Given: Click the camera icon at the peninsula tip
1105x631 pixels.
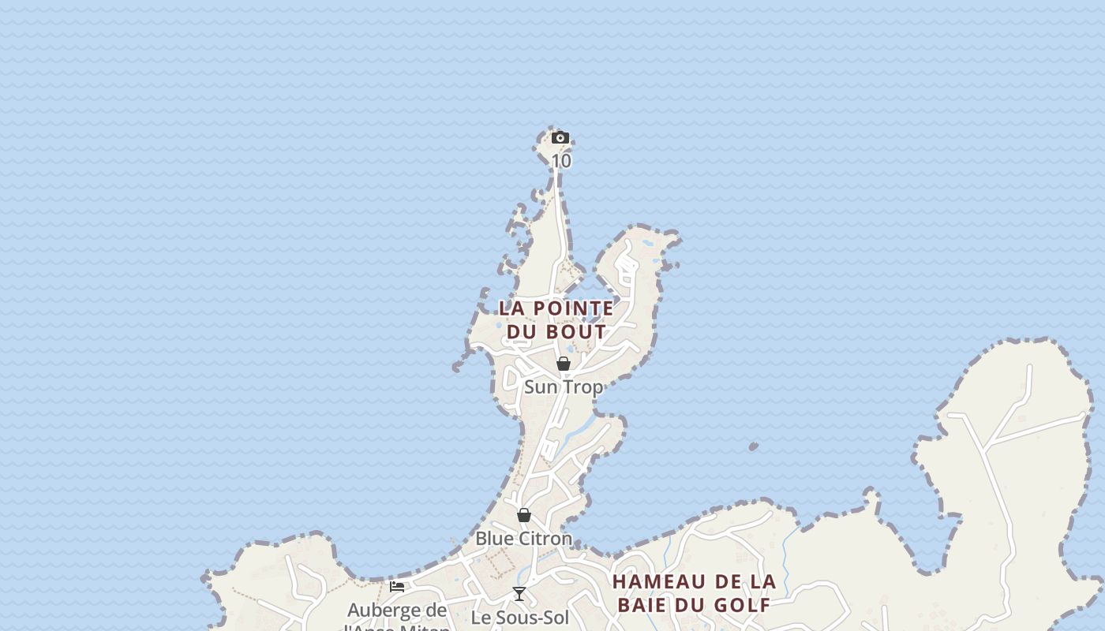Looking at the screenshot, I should [x=560, y=138].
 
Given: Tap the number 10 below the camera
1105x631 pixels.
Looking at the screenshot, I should [x=560, y=161].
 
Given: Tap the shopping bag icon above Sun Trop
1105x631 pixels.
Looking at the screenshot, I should [x=564, y=364].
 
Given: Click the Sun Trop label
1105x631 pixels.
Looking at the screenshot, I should [x=564, y=387].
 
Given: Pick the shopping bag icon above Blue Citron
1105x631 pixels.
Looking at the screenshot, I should [x=524, y=515].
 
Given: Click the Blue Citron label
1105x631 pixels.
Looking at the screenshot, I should [x=523, y=539].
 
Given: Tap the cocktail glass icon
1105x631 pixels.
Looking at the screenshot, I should [x=519, y=594].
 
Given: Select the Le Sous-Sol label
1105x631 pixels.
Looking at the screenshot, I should [x=519, y=618].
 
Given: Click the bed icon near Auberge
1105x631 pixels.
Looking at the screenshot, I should [x=397, y=587].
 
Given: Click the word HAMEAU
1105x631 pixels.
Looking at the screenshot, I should [x=659, y=582].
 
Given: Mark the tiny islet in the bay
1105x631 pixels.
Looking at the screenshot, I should [x=753, y=446].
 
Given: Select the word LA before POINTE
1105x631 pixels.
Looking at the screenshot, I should [x=514, y=308].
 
